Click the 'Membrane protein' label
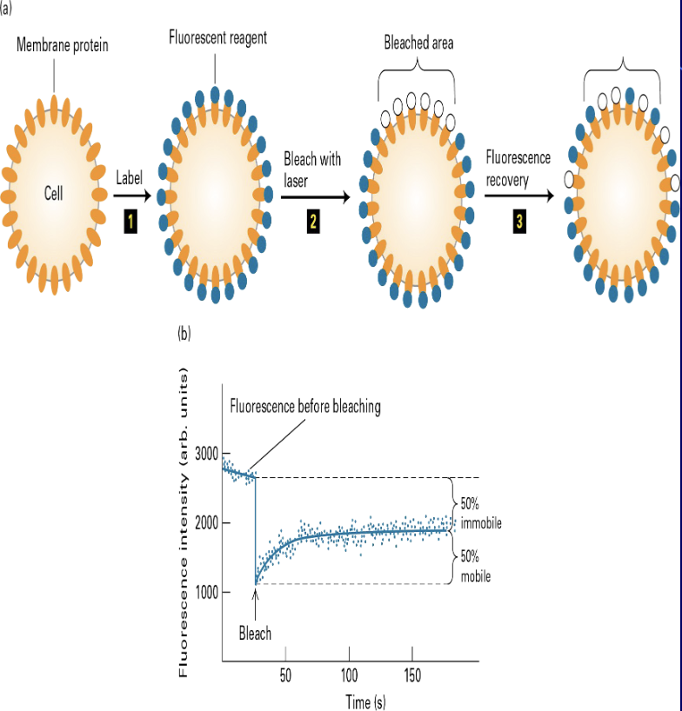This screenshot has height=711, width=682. (63, 45)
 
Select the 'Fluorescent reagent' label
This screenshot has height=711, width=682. (217, 38)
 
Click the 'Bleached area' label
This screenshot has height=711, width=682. (418, 43)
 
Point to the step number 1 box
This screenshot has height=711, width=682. (130, 222)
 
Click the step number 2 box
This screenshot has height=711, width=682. (311, 222)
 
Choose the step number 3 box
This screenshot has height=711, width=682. (519, 222)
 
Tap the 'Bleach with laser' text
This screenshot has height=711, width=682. (311, 169)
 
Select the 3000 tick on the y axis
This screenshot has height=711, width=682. (206, 453)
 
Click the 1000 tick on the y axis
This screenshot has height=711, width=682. (206, 593)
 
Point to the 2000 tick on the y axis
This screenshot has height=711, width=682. (206, 523)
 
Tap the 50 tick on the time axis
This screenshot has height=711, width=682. (284, 676)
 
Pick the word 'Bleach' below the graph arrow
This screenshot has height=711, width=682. (255, 634)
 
